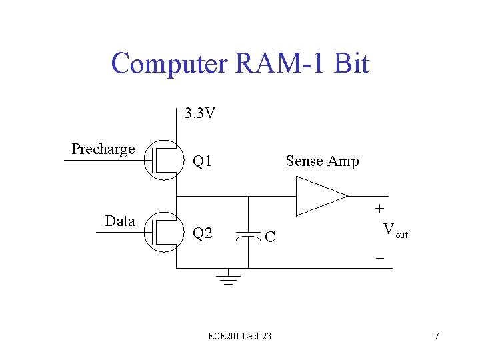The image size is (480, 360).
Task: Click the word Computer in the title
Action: [x=169, y=64]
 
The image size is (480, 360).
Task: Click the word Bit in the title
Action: [x=351, y=63]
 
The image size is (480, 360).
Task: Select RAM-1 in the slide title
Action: [x=279, y=63]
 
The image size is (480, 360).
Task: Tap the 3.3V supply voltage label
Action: [x=200, y=113]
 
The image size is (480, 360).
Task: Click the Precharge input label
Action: [x=103, y=149]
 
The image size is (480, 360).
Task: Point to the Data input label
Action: [x=120, y=221]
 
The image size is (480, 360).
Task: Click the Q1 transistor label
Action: [x=202, y=161]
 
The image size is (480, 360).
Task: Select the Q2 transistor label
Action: [x=203, y=233]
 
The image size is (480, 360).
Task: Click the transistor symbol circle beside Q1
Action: [x=144, y=160]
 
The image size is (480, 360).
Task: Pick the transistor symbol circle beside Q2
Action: [x=144, y=232]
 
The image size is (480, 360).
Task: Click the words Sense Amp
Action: [x=323, y=161]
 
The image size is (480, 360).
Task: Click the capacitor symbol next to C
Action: [x=248, y=236]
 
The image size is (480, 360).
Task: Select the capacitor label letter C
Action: [x=270, y=237]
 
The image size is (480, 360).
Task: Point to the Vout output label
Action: [x=395, y=230]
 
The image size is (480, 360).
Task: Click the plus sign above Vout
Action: [x=379, y=209]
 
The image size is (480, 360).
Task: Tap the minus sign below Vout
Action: [x=380, y=258]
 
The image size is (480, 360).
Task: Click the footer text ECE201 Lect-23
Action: [x=240, y=336]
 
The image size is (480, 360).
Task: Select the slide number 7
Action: [x=437, y=336]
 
